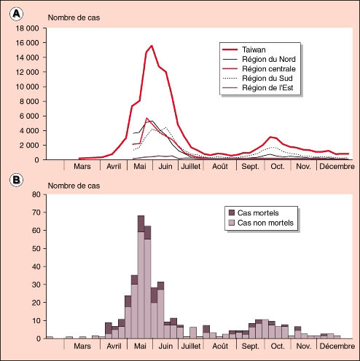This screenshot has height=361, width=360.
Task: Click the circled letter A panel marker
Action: coord(16,14)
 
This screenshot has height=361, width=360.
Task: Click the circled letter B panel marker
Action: coord(16,180)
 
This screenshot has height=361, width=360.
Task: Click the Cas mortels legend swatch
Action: coord(232,213)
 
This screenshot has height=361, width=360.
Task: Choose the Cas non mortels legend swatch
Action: coord(232,223)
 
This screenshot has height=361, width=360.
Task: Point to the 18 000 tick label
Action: coord(28,28)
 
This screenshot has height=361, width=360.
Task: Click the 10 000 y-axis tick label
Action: coord(28,87)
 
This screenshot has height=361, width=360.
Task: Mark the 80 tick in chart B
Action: coord(36,194)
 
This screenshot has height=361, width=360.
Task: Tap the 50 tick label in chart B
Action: coord(36,248)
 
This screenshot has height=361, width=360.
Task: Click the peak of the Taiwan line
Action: coord(152,46)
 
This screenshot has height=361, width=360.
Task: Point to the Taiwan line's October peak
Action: coord(270,137)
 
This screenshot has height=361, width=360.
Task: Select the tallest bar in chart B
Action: coord(141,277)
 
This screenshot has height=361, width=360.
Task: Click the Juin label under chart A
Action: coord(165,167)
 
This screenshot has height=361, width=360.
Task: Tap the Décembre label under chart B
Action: coord(337,346)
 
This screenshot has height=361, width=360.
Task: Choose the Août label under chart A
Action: coord(220,167)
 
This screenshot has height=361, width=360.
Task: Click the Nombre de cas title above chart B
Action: coord(74,186)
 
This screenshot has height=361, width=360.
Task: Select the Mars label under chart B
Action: coord(82,346)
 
